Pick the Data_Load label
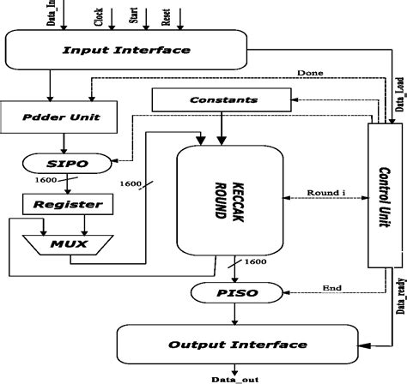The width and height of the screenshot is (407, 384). [x=400, y=93]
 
